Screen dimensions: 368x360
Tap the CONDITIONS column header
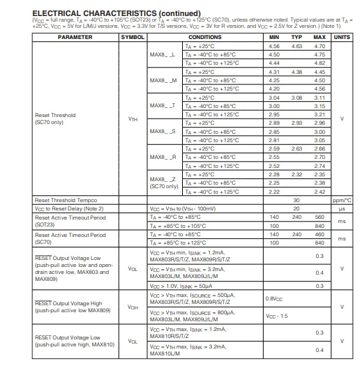click(205, 36)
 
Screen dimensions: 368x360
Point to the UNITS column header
click(342, 36)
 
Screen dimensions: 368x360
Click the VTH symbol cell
click(133, 119)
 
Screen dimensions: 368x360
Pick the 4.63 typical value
click(297, 45)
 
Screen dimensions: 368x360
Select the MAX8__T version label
click(163, 106)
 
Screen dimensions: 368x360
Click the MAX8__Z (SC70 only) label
click(164, 183)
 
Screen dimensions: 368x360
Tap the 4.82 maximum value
click(320, 63)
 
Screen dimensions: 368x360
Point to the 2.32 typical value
click(297, 174)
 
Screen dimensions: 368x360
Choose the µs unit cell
click(342, 208)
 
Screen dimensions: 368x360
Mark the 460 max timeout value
click(320, 234)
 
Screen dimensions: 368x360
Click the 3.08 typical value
click(297, 98)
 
